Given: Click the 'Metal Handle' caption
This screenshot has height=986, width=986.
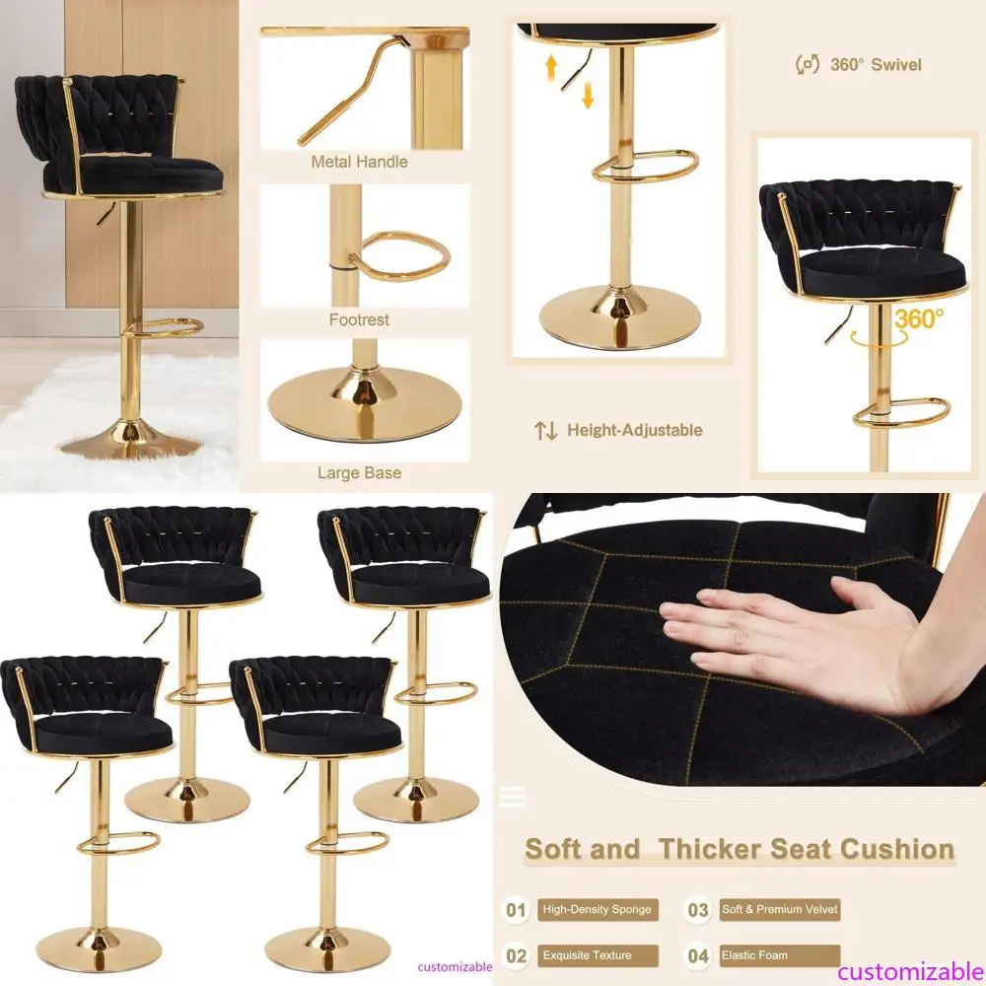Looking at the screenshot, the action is (359, 162).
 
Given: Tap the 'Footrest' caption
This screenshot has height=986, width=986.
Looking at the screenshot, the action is (359, 319).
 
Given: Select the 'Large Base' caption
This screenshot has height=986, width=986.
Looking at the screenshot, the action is (359, 473).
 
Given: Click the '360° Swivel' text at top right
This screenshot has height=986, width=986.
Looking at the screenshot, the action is (876, 65).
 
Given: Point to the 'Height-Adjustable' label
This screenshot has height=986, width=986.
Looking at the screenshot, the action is (634, 430).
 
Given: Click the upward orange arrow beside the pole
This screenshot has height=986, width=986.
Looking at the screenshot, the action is (551, 67).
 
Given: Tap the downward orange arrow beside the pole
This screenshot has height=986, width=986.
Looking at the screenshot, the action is (588, 96).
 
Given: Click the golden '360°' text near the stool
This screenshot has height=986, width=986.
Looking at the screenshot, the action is (919, 318).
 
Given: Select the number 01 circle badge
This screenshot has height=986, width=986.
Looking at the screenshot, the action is (516, 910).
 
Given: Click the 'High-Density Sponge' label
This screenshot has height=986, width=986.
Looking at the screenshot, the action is (598, 910).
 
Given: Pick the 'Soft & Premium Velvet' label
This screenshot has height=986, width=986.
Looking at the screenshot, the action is (780, 910).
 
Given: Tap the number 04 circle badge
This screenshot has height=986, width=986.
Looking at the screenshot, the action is (698, 955).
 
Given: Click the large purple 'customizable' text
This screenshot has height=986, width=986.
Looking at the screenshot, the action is (911, 971).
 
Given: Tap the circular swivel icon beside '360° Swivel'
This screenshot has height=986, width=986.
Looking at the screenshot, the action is (808, 64).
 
